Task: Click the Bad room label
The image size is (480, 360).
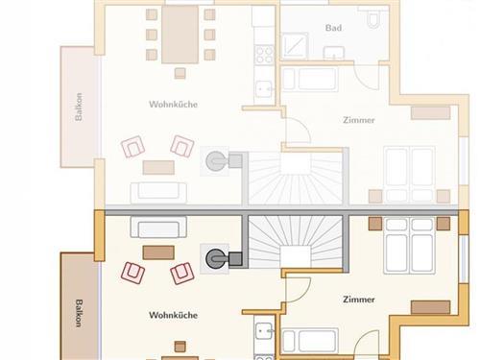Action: pos(333,28)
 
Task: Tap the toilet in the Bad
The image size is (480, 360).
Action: pos(372,17)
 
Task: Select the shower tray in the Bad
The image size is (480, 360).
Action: pos(295,46)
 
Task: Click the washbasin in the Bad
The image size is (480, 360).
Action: pos(334,53)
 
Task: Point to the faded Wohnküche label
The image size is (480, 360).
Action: pos(173,105)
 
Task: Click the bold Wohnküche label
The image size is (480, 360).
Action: pos(173,315)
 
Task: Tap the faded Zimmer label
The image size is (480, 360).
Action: pos(359,120)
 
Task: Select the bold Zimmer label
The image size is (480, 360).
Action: pos(359,300)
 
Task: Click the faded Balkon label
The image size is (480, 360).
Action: pos(79,107)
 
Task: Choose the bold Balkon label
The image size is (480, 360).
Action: pos(79,313)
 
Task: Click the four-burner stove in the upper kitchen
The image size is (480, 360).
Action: pos(265,55)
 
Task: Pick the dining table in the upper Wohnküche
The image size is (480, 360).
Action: pos(180,35)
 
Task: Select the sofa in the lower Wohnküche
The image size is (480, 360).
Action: pos(158,227)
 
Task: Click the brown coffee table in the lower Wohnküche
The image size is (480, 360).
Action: pos(158,252)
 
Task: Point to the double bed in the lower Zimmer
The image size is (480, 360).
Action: pos(409,246)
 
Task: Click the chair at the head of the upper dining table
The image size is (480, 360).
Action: pos(180,73)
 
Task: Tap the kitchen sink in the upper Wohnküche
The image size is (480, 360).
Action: pos(264,88)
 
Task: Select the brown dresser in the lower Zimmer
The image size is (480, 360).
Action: pos(430,307)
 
